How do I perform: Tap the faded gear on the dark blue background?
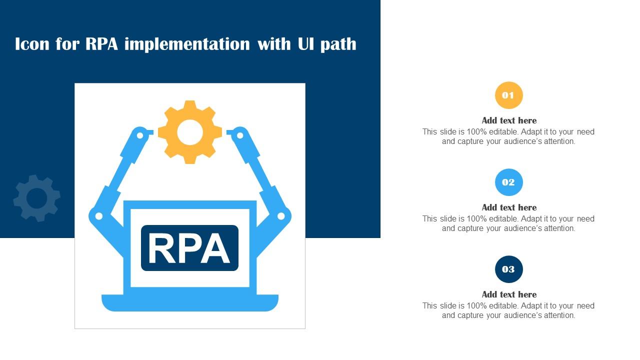pyautogui.click(x=36, y=198)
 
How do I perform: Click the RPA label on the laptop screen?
pyautogui.click(x=189, y=248)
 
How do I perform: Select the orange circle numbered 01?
pyautogui.click(x=508, y=95)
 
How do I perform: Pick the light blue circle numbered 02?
pyautogui.click(x=508, y=182)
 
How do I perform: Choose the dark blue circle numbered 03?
pyautogui.click(x=508, y=269)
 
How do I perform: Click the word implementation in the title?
pyautogui.click(x=187, y=44)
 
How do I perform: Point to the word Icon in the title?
pyautogui.click(x=32, y=44)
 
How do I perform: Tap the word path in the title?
pyautogui.click(x=338, y=44)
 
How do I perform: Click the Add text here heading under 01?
pyautogui.click(x=509, y=120)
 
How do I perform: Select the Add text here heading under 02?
pyautogui.click(x=509, y=207)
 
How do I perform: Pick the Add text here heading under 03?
pyautogui.click(x=509, y=294)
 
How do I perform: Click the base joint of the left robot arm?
pyautogui.click(x=99, y=216)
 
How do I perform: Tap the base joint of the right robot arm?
pyautogui.click(x=281, y=216)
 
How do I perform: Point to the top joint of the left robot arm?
pyautogui.click(x=140, y=135)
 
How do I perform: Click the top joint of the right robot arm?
pyautogui.click(x=240, y=135)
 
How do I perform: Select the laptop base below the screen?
pyautogui.click(x=190, y=302)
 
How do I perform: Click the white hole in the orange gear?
pyautogui.click(x=190, y=132)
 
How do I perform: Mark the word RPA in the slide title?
pyautogui.click(x=102, y=44)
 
